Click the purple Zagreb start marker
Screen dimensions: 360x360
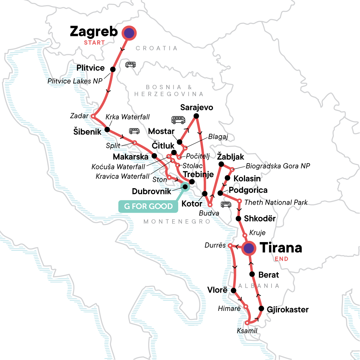129,33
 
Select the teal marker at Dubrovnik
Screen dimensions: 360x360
185,187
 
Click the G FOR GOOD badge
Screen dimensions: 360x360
148,206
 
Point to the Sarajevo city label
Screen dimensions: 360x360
196,107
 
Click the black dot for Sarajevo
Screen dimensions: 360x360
196,116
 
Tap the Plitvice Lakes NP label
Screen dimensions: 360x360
75,81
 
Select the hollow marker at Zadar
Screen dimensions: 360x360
93,116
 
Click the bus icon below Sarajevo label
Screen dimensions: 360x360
178,120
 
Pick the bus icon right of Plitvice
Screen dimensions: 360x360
130,64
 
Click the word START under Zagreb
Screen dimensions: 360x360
94,43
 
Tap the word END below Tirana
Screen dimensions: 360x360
281,259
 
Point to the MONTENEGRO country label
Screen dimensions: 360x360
177,222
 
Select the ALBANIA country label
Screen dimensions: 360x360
259,286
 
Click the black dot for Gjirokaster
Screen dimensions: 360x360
261,309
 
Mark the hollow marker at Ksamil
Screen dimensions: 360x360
247,323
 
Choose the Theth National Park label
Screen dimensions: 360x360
276,202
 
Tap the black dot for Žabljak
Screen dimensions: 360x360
221,164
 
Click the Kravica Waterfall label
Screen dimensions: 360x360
122,176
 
